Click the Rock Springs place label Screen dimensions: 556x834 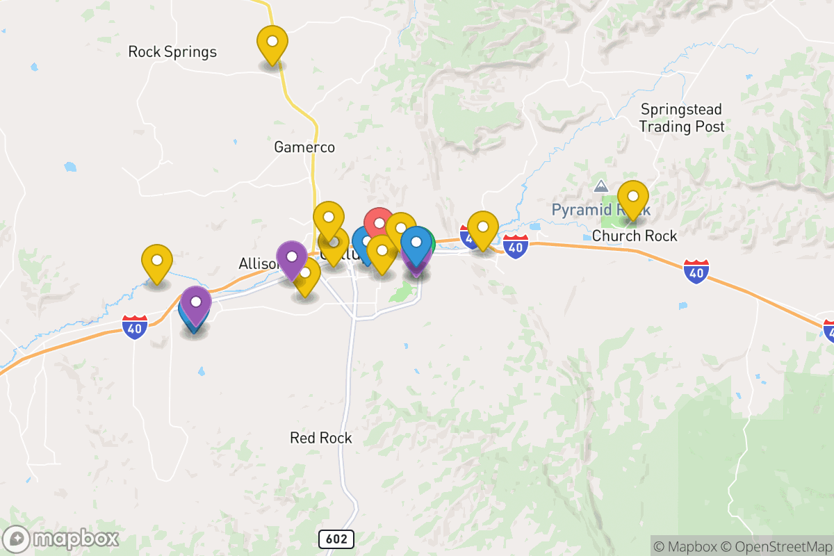point(172,52)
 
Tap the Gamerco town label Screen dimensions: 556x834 point(304,147)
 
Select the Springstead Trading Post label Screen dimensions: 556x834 point(682,118)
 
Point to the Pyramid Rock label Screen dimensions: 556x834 point(600,210)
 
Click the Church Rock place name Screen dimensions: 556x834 point(635,236)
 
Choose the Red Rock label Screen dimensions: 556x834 point(321,438)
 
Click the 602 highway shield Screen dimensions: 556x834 point(337,539)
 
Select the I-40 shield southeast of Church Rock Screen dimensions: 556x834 point(696,272)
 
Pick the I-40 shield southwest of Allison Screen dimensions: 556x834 point(135,327)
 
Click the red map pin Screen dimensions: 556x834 point(379,223)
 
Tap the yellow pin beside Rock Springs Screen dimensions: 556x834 point(272,42)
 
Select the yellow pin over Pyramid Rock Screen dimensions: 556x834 point(632,197)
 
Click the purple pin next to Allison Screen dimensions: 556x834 point(292,256)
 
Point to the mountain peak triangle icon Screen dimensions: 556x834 point(600,186)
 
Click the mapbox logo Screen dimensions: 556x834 point(61,539)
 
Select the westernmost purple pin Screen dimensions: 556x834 point(196,303)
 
